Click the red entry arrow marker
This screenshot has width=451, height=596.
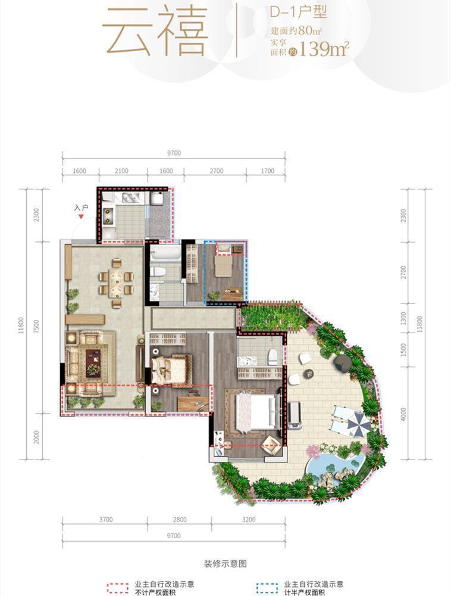[x=81, y=217]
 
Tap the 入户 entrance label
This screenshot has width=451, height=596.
[x=81, y=208]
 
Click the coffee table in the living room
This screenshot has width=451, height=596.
[x=93, y=358]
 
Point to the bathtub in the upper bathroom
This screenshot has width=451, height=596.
[x=165, y=253]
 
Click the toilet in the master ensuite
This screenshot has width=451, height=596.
[x=273, y=357]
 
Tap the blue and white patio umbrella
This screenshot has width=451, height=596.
[x=357, y=423]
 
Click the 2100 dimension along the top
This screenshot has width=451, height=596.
[x=122, y=171]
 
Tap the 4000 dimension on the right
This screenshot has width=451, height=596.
[x=403, y=414]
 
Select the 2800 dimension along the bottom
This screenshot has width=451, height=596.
[x=180, y=519]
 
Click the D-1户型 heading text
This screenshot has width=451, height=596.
[x=298, y=13]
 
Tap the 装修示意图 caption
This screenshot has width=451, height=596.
[x=225, y=564]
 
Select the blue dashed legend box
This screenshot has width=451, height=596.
[x=267, y=588]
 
